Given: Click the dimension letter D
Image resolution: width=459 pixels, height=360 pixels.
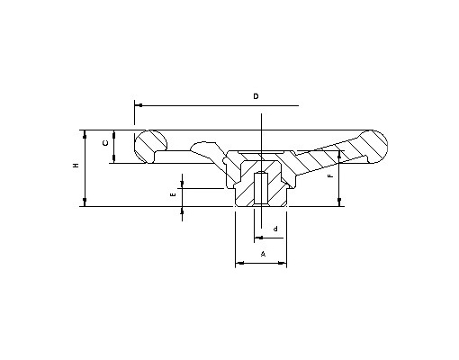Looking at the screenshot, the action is click(256, 96).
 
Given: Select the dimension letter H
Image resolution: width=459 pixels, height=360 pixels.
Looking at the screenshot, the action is click(76, 166).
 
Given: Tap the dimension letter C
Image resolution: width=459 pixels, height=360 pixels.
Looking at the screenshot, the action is click(105, 143).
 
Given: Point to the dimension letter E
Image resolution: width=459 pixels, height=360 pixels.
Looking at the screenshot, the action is click(173, 195).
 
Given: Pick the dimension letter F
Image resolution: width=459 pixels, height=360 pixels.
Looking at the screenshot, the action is click(330, 175).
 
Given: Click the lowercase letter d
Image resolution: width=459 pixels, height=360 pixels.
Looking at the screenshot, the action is click(275, 229).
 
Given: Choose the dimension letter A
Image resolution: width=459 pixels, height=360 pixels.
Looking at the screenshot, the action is click(263, 254).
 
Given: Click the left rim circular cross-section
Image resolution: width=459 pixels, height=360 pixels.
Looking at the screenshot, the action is click(150, 147).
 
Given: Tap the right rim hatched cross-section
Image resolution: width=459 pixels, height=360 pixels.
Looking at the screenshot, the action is click(373, 147).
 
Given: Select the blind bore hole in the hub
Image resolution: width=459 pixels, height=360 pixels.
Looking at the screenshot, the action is click(261, 188).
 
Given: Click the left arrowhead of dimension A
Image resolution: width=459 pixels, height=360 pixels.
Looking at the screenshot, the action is click(240, 264).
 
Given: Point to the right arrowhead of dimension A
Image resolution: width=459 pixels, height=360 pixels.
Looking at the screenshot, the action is click(282, 264).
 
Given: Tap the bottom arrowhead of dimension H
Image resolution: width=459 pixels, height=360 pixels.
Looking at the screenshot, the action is click(85, 202).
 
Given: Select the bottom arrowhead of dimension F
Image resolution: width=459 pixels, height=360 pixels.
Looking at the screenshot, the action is click(339, 202).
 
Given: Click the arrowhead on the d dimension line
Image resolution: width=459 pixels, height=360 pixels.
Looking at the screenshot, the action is click(258, 238).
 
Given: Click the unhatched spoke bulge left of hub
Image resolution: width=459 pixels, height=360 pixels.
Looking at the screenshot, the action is click(207, 150).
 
